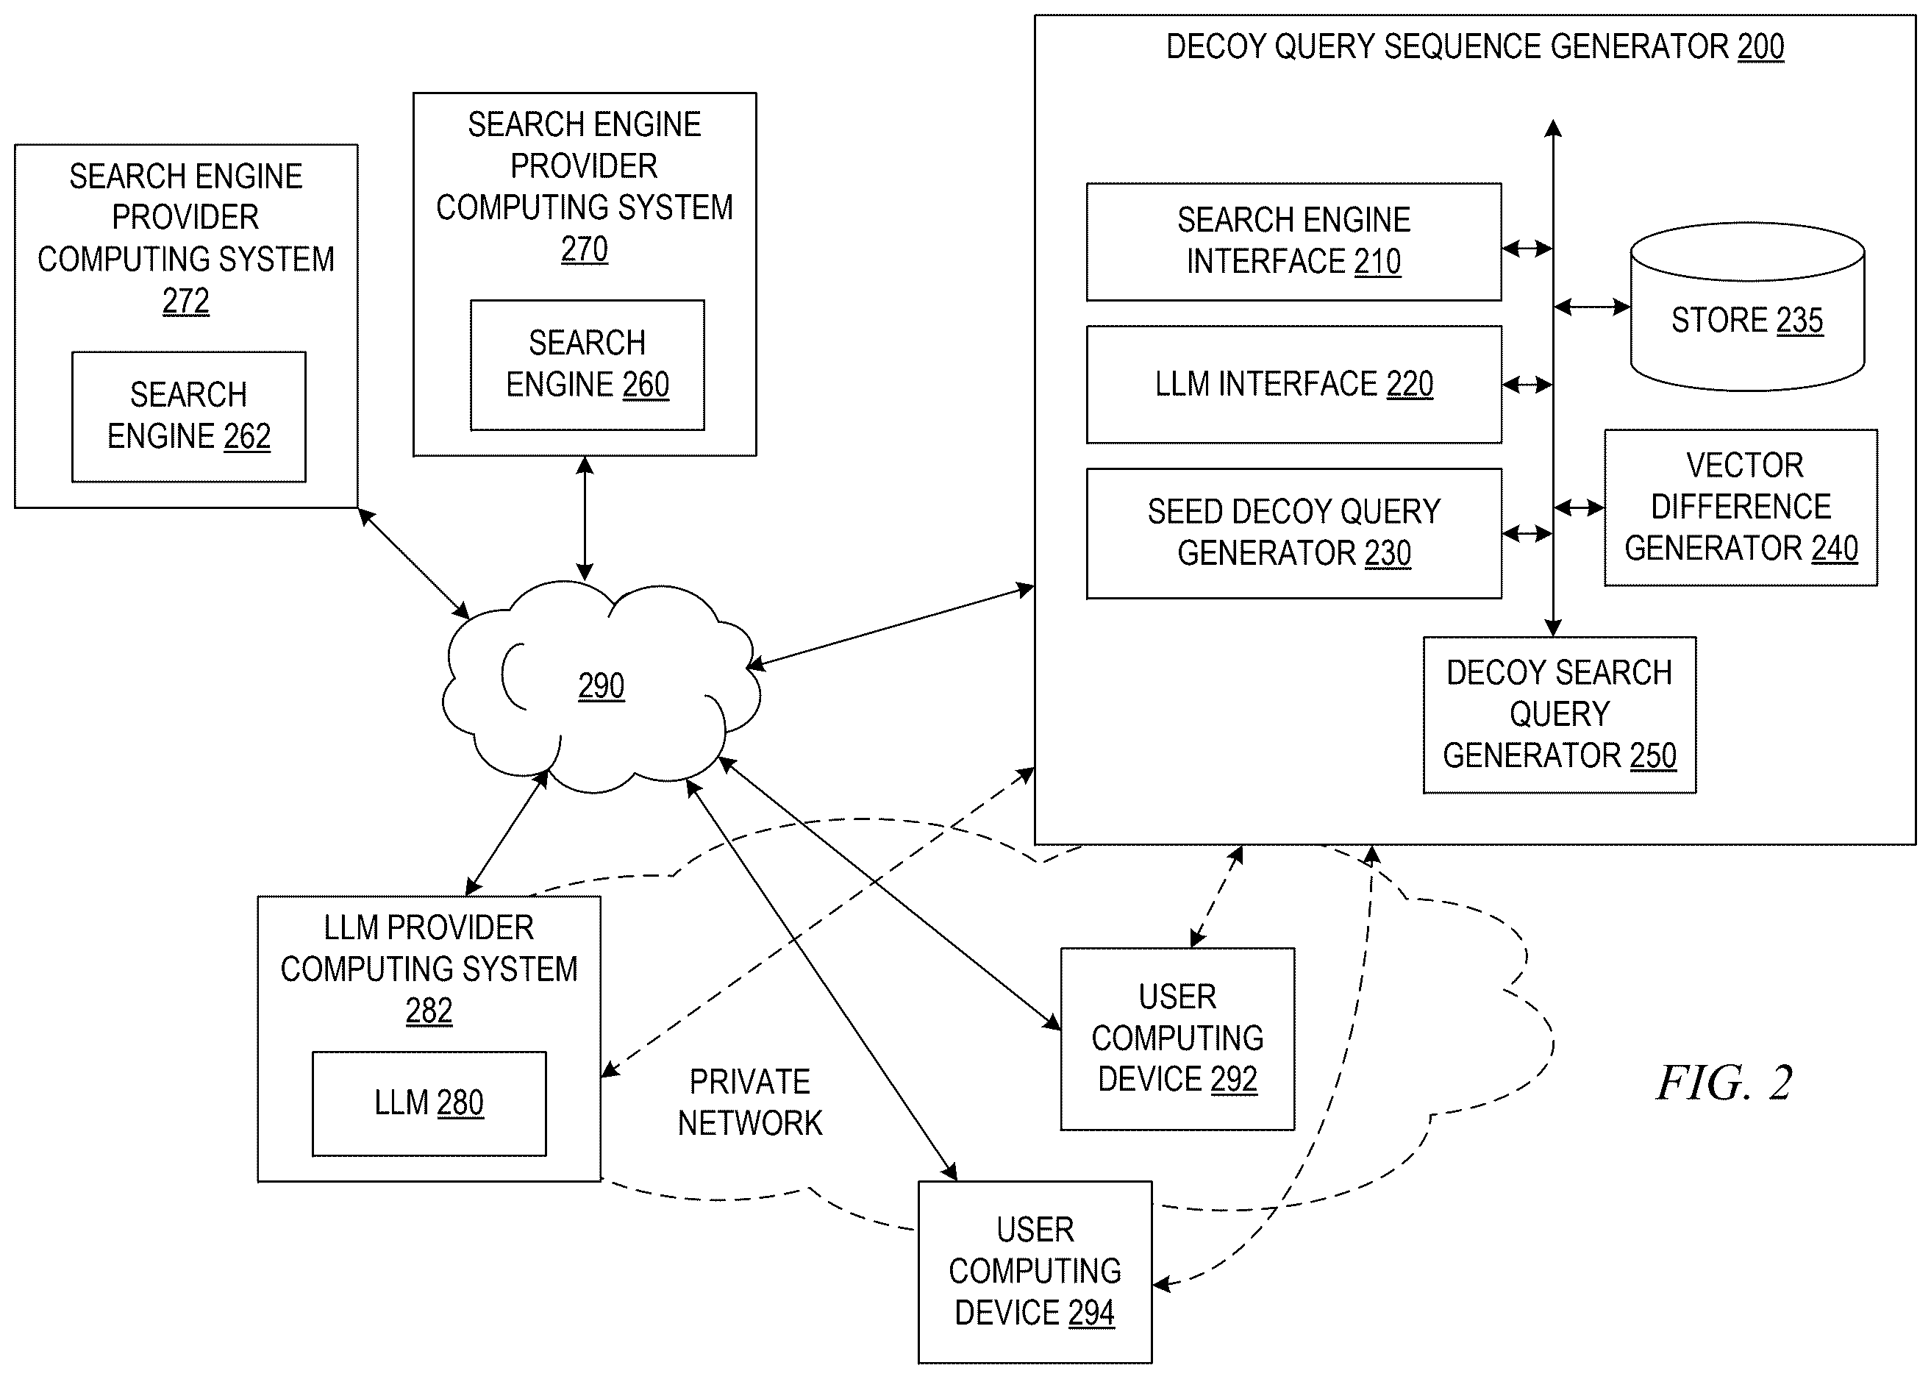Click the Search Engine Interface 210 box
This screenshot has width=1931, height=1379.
(1293, 242)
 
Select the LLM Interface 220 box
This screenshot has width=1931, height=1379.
(1293, 385)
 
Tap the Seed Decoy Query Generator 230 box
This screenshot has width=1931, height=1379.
(1293, 533)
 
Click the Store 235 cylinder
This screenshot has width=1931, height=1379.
(1747, 307)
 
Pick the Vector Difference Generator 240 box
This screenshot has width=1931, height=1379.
(1740, 507)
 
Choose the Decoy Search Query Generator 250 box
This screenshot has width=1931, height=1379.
(1559, 715)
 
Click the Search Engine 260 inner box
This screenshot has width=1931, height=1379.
(588, 365)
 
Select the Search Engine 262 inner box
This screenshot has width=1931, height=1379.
(188, 417)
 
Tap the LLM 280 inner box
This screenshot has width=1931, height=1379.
(429, 1103)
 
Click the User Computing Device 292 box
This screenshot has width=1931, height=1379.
(1177, 1038)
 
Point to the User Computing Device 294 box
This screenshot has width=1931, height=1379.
(1035, 1272)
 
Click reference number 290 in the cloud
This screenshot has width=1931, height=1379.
(601, 686)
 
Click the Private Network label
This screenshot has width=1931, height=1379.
(749, 1102)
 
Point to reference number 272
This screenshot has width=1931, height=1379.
(186, 301)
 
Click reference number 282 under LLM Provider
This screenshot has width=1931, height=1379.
(429, 1011)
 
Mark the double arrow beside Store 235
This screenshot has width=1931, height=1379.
(1592, 307)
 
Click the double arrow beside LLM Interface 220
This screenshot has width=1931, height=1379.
(1528, 385)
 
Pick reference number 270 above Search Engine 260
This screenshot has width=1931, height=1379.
(585, 249)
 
